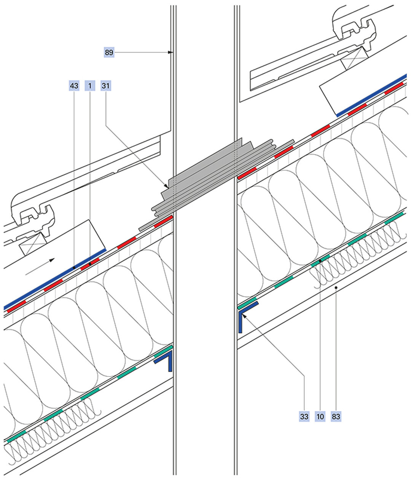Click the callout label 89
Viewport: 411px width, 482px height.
pyautogui.click(x=109, y=52)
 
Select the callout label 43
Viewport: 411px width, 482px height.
pyautogui.click(x=74, y=86)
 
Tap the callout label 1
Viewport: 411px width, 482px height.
pyautogui.click(x=90, y=86)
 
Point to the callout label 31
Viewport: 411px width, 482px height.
pyautogui.click(x=105, y=86)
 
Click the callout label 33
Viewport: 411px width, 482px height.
pyautogui.click(x=304, y=417)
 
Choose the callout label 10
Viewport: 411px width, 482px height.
pyautogui.click(x=320, y=417)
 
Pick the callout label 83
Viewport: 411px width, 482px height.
pyautogui.click(x=336, y=417)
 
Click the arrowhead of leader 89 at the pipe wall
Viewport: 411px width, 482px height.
pyautogui.click(x=171, y=52)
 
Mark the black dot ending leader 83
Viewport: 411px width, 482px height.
pyautogui.click(x=336, y=288)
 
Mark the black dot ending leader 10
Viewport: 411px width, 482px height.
pyautogui.click(x=320, y=261)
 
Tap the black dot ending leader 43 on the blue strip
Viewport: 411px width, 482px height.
pyautogui.click(x=74, y=268)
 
